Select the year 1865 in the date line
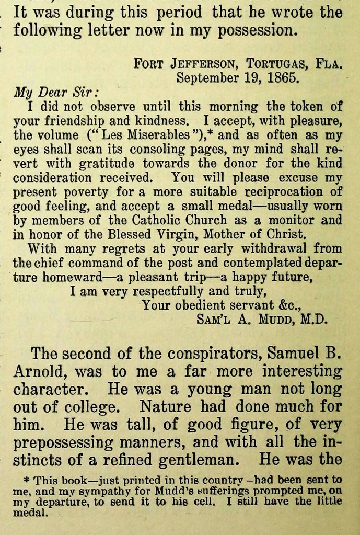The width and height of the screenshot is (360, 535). point(283,78)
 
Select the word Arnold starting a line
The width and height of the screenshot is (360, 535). point(40,372)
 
